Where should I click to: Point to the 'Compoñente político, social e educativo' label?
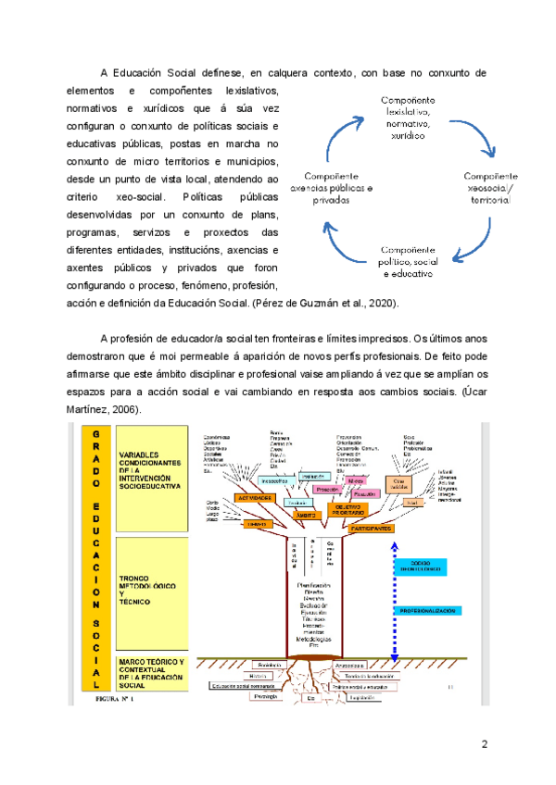(x=409, y=262)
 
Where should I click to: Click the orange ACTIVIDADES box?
(x=253, y=498)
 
